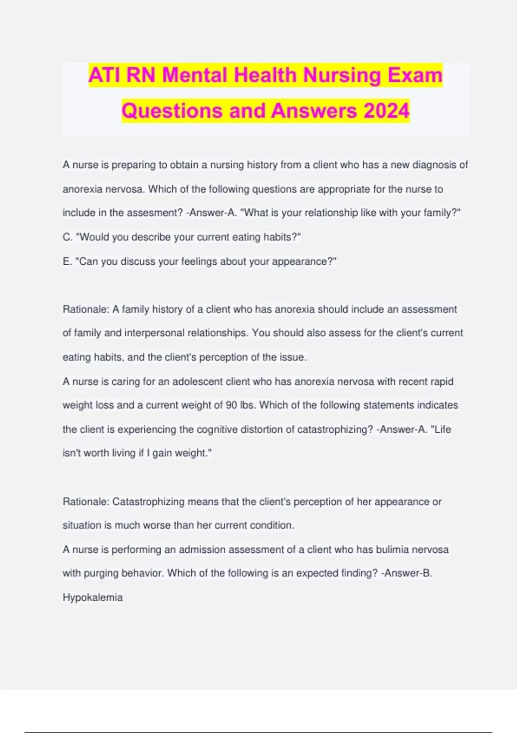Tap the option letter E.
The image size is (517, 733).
tap(67, 262)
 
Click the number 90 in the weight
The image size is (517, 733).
tap(231, 405)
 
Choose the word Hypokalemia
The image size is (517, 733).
tap(93, 598)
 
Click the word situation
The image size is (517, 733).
tap(81, 526)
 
